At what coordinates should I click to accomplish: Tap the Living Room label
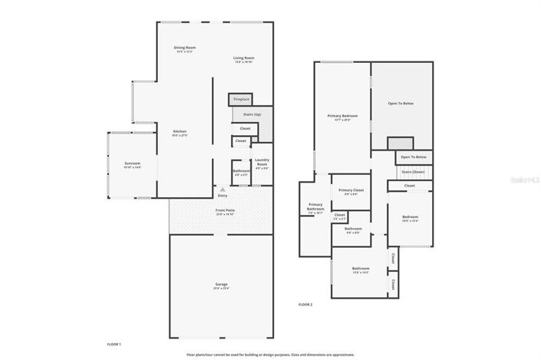pos(244,58)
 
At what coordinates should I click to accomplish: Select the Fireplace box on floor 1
pos(241,99)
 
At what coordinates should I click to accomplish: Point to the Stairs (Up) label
pos(252,114)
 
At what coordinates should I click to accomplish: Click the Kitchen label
pos(180,131)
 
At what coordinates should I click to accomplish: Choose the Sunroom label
pos(133,163)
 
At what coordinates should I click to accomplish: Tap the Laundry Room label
pos(262,161)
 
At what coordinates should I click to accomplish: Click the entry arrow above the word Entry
pos(223,188)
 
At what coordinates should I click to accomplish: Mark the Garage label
pos(221,284)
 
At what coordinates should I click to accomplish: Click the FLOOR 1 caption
pos(114,344)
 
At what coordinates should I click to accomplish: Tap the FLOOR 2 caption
pos(305,305)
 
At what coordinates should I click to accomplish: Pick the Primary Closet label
pos(351,190)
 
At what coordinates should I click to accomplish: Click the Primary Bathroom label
pos(315,206)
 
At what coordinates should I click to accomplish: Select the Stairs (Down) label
pos(413,172)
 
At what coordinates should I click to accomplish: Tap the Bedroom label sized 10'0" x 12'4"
pos(410,217)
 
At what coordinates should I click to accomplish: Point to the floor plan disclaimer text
pos(270,355)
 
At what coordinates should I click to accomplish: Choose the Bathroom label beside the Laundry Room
pos(241,171)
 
